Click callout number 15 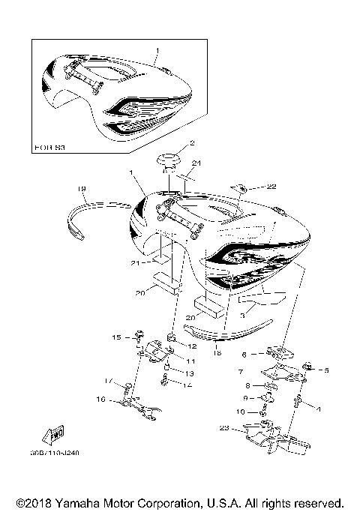coord(116,337)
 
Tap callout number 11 coord(190,361)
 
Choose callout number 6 coord(244,353)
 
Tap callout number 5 coord(326,370)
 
